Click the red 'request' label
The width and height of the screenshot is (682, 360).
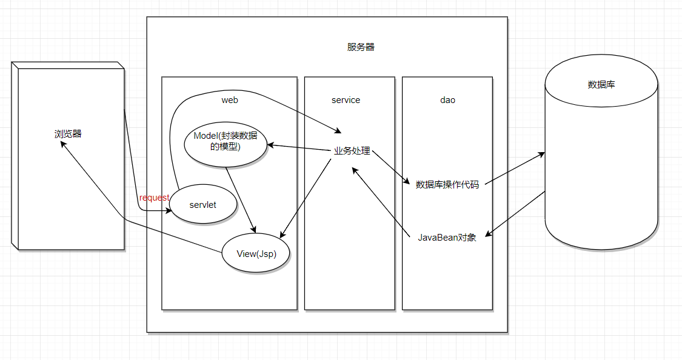[x=154, y=198]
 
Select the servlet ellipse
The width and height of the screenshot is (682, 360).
[x=202, y=205]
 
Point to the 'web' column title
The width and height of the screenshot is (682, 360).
[x=229, y=100]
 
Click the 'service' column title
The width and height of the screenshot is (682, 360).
[x=346, y=100]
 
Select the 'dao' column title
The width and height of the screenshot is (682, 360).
[x=447, y=100]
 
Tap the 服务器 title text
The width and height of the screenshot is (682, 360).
[x=361, y=47]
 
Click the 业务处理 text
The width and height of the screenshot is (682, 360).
[x=352, y=152]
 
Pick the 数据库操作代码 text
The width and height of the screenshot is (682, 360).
[x=447, y=185]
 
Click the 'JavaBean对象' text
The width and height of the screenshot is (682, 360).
[x=447, y=238]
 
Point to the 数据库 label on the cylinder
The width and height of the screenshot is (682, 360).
[x=601, y=84]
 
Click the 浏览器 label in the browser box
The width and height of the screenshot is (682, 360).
[x=68, y=134]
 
